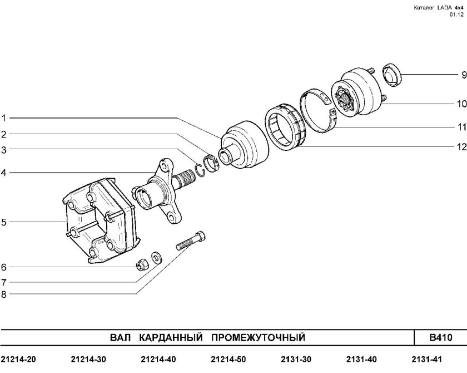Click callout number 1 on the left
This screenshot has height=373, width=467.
(x=4, y=118)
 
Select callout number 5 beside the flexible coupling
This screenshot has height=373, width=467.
(x=4, y=222)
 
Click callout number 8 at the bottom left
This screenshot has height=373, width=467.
(x=4, y=295)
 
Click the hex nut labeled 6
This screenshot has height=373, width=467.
(x=142, y=264)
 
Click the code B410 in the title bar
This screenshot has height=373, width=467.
(x=440, y=338)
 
